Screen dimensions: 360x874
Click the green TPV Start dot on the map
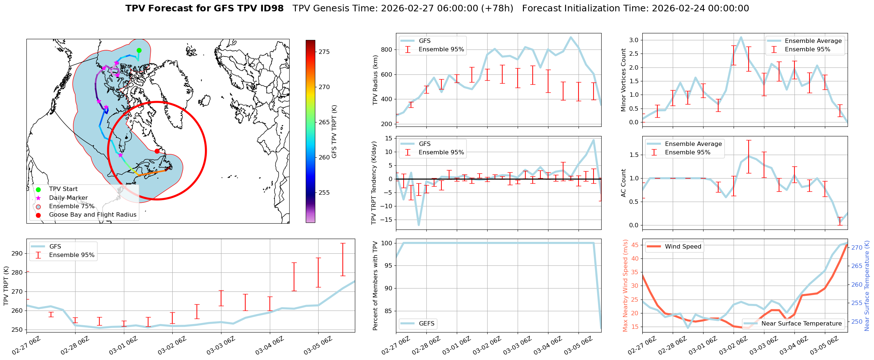(x=139, y=51)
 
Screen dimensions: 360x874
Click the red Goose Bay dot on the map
(x=157, y=151)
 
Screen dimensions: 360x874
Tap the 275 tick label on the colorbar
(x=324, y=52)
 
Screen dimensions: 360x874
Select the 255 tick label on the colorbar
(x=324, y=193)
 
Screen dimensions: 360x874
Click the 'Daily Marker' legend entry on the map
(x=68, y=198)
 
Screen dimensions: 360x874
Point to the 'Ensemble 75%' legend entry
(x=71, y=206)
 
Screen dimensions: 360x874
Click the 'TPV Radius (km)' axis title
(x=375, y=80)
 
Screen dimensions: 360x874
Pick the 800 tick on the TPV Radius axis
(x=387, y=50)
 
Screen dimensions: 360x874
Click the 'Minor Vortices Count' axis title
(x=624, y=80)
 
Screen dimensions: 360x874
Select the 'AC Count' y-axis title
(x=624, y=183)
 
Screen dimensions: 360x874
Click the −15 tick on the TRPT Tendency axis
(x=386, y=220)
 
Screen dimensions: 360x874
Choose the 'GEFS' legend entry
(x=426, y=324)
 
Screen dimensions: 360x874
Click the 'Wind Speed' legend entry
(x=683, y=247)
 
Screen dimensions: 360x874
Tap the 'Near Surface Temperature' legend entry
(x=801, y=324)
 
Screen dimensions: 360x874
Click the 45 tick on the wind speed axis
(x=635, y=245)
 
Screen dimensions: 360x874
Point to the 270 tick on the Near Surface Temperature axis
(x=857, y=248)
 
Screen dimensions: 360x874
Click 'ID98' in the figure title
(x=271, y=8)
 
